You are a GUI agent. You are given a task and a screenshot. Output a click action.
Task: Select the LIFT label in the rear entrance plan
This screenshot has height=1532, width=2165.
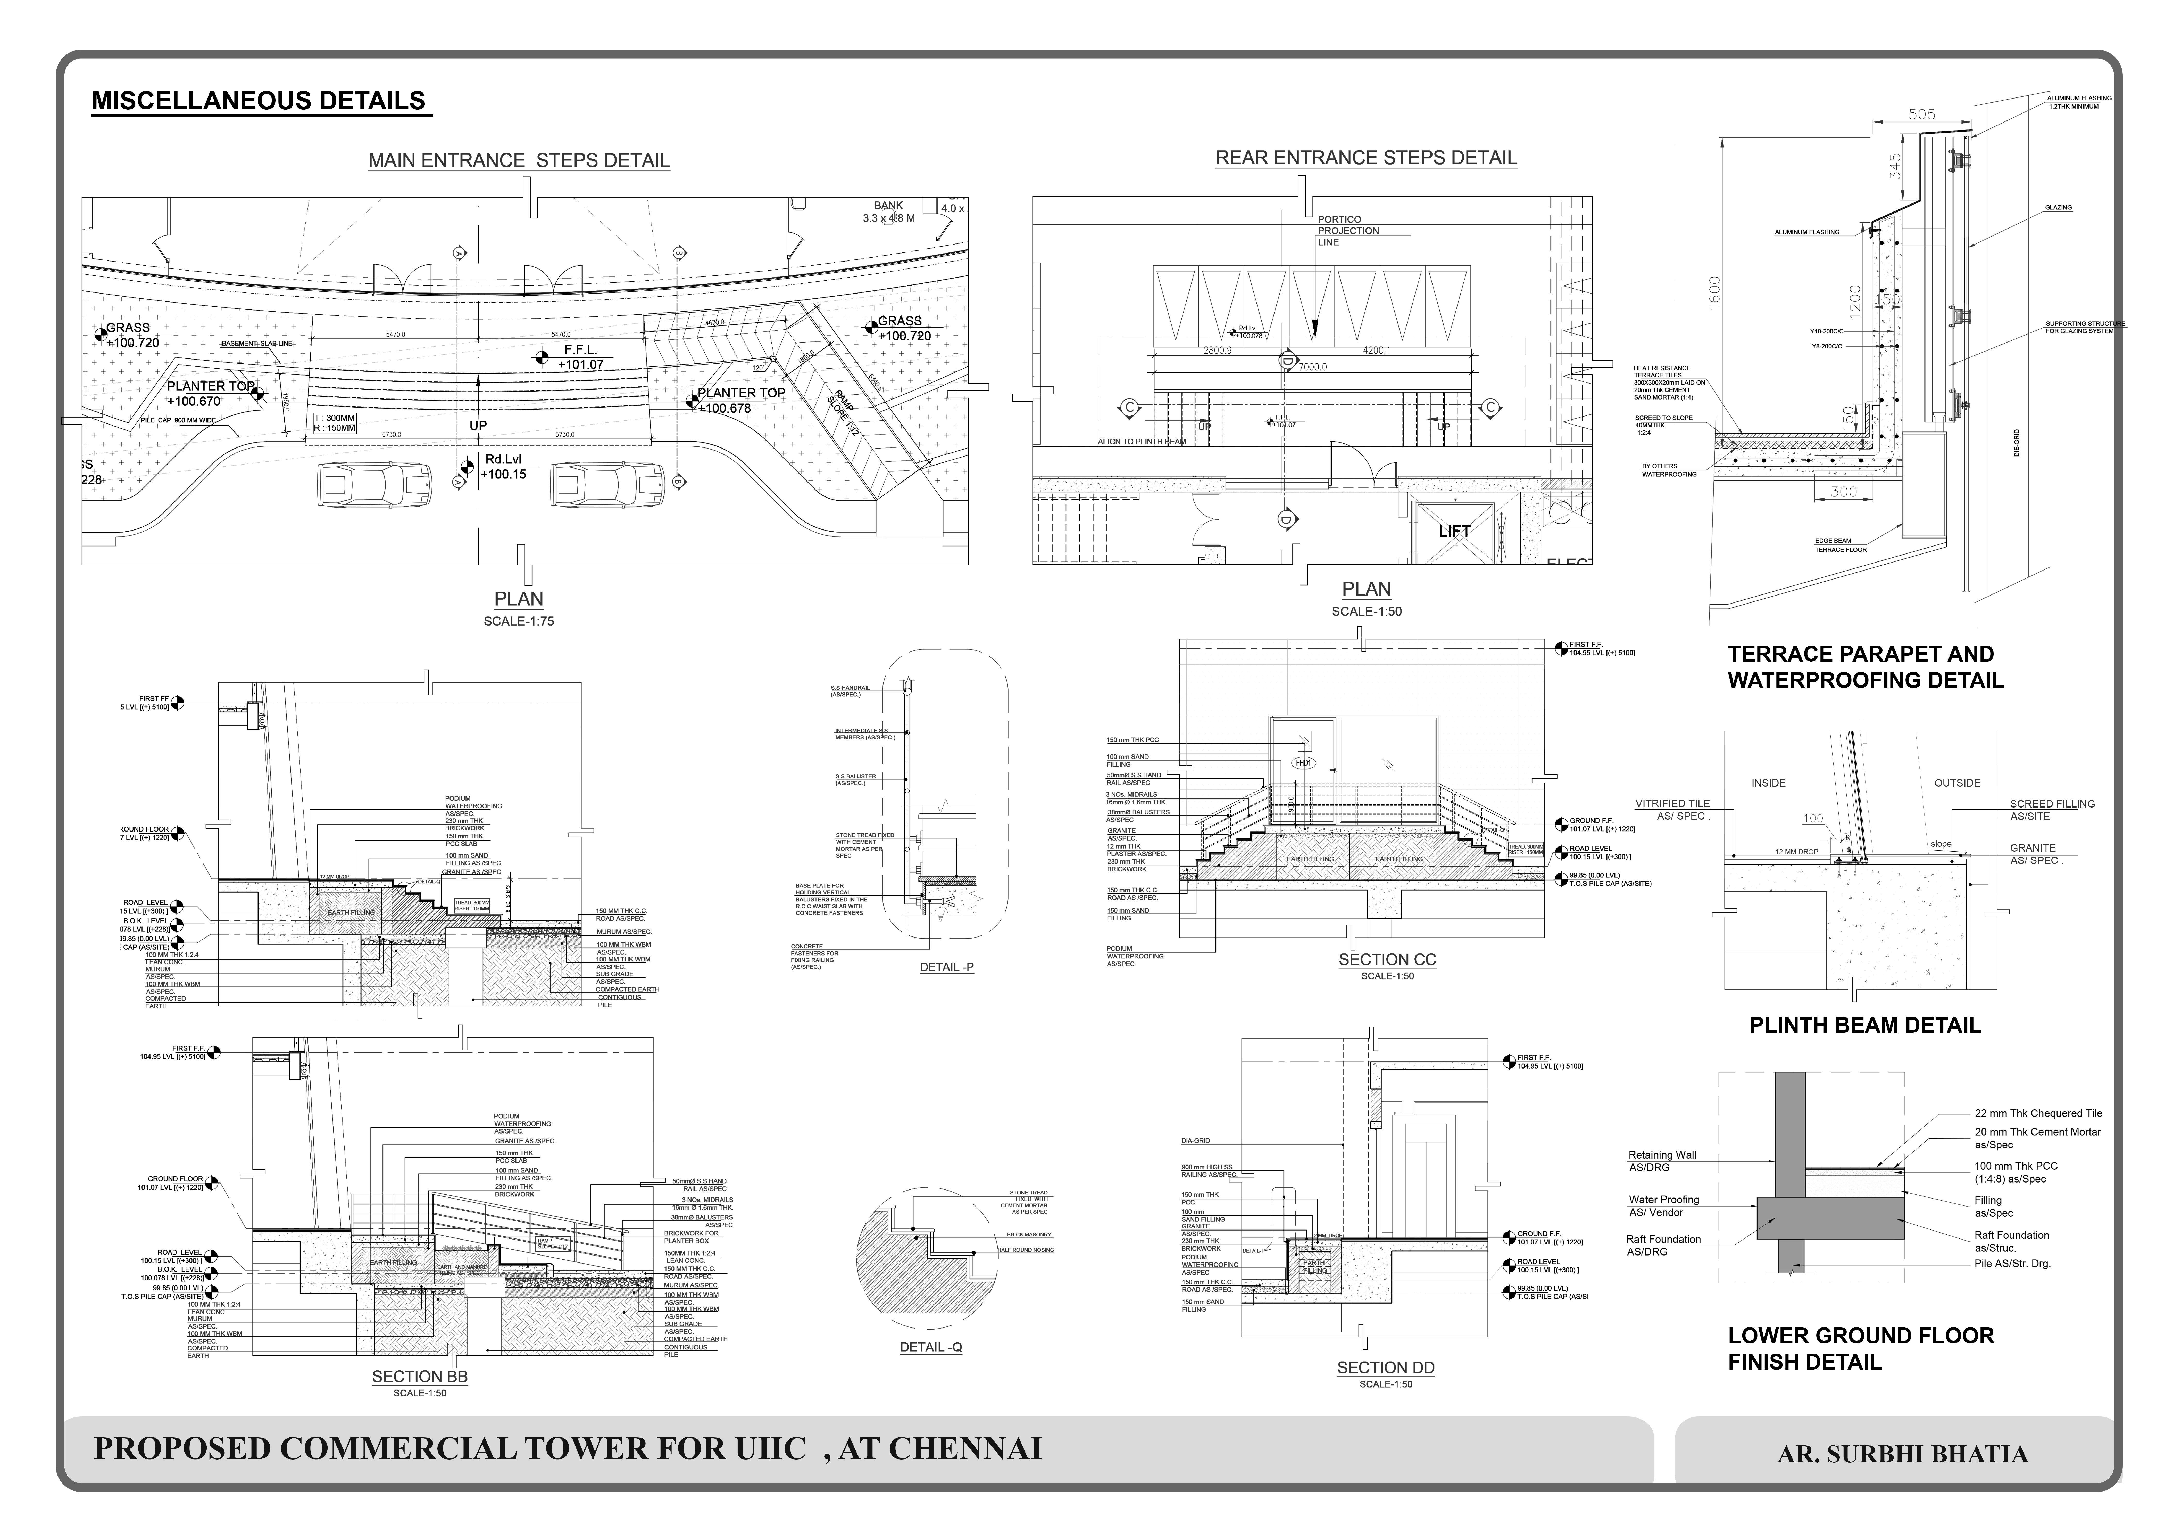[x=1454, y=531]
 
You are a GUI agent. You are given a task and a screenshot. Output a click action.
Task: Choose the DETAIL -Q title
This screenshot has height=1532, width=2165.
[x=931, y=1347]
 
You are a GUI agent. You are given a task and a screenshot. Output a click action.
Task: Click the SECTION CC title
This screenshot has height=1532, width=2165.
[x=1387, y=959]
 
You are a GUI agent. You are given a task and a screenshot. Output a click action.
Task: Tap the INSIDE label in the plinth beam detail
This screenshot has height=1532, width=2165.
[x=1768, y=783]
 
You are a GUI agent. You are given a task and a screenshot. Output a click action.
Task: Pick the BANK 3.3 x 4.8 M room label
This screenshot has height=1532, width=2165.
[x=888, y=211]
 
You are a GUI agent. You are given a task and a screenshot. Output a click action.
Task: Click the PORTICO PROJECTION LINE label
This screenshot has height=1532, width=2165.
[x=1347, y=230]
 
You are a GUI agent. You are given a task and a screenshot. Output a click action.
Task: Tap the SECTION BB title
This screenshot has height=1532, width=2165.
[x=420, y=1376]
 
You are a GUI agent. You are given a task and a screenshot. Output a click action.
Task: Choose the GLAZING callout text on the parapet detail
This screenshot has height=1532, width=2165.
[x=2059, y=208]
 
